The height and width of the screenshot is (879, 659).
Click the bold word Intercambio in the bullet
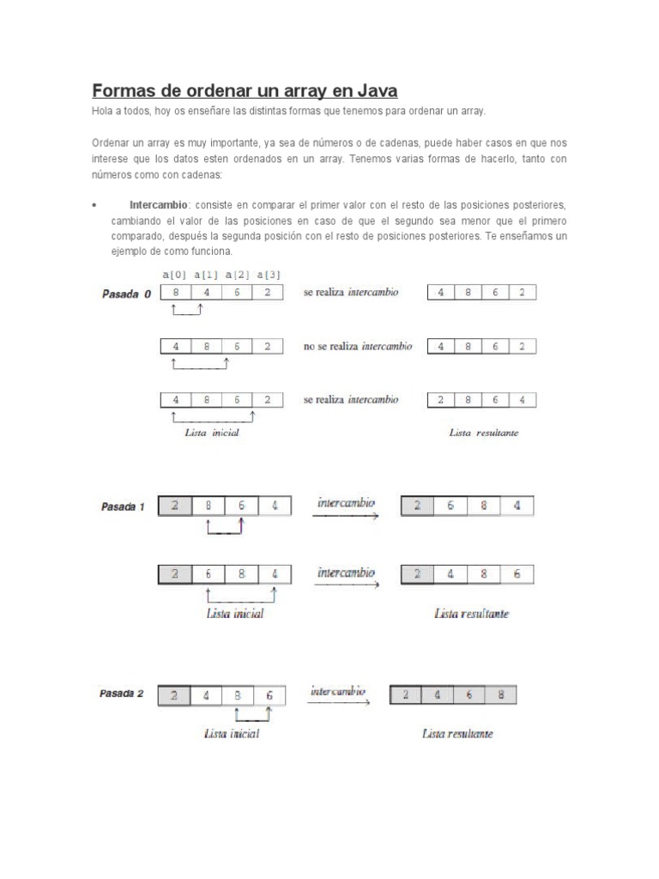160,205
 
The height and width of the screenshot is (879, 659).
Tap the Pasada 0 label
126,294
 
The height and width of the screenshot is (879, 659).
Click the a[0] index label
175,275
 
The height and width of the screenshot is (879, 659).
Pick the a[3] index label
269,275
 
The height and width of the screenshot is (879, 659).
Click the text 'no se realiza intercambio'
357,347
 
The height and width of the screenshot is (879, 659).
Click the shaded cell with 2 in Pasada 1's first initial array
176,506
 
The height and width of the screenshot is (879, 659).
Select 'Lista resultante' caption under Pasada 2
457,734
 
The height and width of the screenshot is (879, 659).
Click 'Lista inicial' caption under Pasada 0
211,433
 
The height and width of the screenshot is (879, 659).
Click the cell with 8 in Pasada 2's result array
500,694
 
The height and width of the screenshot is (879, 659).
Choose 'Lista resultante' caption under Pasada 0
483,433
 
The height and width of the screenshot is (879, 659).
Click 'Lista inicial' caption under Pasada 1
235,613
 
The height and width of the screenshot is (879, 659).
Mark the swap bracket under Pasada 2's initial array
253,716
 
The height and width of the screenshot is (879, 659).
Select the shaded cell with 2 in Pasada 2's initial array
176,694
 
